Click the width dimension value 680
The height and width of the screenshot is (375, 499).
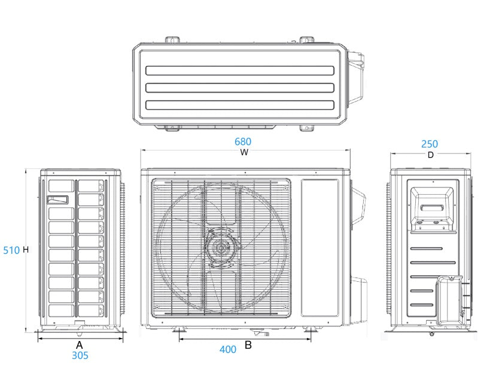pos(243,142)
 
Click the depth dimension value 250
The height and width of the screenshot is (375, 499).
pos(429,144)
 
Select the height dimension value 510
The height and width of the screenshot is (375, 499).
pos(11,250)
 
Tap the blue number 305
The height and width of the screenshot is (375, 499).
pos(80,355)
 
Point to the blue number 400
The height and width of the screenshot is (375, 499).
pos(227,349)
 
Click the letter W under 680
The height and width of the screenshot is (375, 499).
pos(244,152)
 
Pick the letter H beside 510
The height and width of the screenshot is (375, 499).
pos(26,250)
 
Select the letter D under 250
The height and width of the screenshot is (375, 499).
pos(430,155)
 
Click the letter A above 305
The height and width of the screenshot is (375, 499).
pos(79,345)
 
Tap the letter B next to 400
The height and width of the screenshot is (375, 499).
pos(248,345)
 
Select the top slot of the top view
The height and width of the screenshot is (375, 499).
pos(239,70)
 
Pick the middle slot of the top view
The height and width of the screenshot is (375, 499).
pos(239,88)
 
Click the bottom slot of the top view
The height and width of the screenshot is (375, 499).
pos(239,105)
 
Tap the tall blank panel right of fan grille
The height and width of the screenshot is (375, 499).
pos(320,247)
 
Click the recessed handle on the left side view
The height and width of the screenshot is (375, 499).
pos(58,199)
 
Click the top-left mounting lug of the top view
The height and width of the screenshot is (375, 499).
pos(172,39)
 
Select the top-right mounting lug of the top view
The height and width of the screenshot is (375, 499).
pos(307,39)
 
